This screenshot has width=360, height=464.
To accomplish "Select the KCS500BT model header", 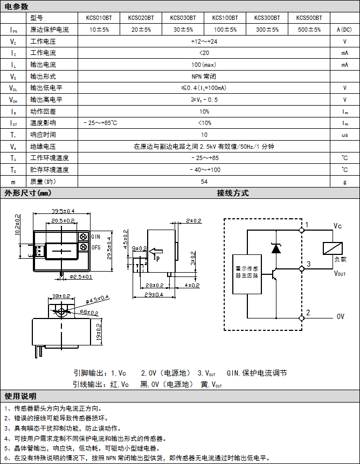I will click(x=309, y=18).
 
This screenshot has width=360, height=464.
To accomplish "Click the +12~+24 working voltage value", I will click(x=204, y=41).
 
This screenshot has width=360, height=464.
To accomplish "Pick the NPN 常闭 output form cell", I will click(x=204, y=77).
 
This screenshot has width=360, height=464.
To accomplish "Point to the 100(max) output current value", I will click(x=204, y=65).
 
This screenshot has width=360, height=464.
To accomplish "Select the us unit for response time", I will click(x=344, y=135).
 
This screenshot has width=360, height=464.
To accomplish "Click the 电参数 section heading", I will click(x=16, y=6).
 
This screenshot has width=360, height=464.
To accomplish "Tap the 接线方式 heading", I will click(x=233, y=193).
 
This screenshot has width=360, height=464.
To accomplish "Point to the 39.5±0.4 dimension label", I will click(x=63, y=211).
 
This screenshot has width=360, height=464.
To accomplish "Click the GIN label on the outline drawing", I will click(x=96, y=237).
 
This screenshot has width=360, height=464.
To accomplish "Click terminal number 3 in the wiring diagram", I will click(x=308, y=264).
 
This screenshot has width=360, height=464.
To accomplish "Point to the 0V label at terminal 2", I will click(x=340, y=316).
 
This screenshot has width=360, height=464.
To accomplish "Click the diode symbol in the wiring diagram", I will click(x=276, y=248).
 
